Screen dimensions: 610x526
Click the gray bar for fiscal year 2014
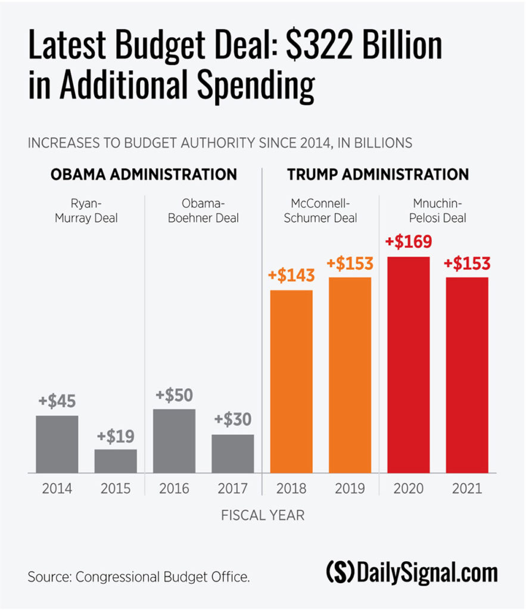(57, 444)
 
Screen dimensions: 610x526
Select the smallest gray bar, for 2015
(116, 460)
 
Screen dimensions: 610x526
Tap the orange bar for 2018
(291, 381)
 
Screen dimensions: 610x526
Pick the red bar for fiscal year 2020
(408, 365)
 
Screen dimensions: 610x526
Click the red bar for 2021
(467, 375)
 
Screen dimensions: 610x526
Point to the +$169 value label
(408, 243)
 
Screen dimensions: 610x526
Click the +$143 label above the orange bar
(291, 276)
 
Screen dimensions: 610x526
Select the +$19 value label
(116, 436)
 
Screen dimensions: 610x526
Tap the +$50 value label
(175, 396)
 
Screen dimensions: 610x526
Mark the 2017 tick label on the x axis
(233, 489)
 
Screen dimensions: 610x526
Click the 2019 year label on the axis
(350, 489)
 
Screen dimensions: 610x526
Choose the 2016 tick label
(175, 489)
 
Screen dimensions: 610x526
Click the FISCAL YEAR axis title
(263, 515)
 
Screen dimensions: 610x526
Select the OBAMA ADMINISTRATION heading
(144, 175)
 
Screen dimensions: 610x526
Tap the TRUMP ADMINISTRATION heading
(378, 175)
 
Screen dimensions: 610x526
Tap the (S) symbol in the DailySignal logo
(340, 573)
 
